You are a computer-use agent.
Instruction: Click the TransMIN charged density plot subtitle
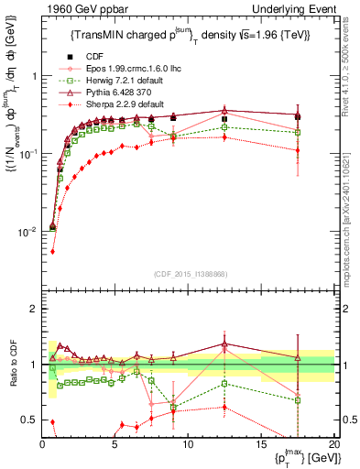pos(188,35)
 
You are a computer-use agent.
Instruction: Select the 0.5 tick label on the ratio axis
pos(29,420)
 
